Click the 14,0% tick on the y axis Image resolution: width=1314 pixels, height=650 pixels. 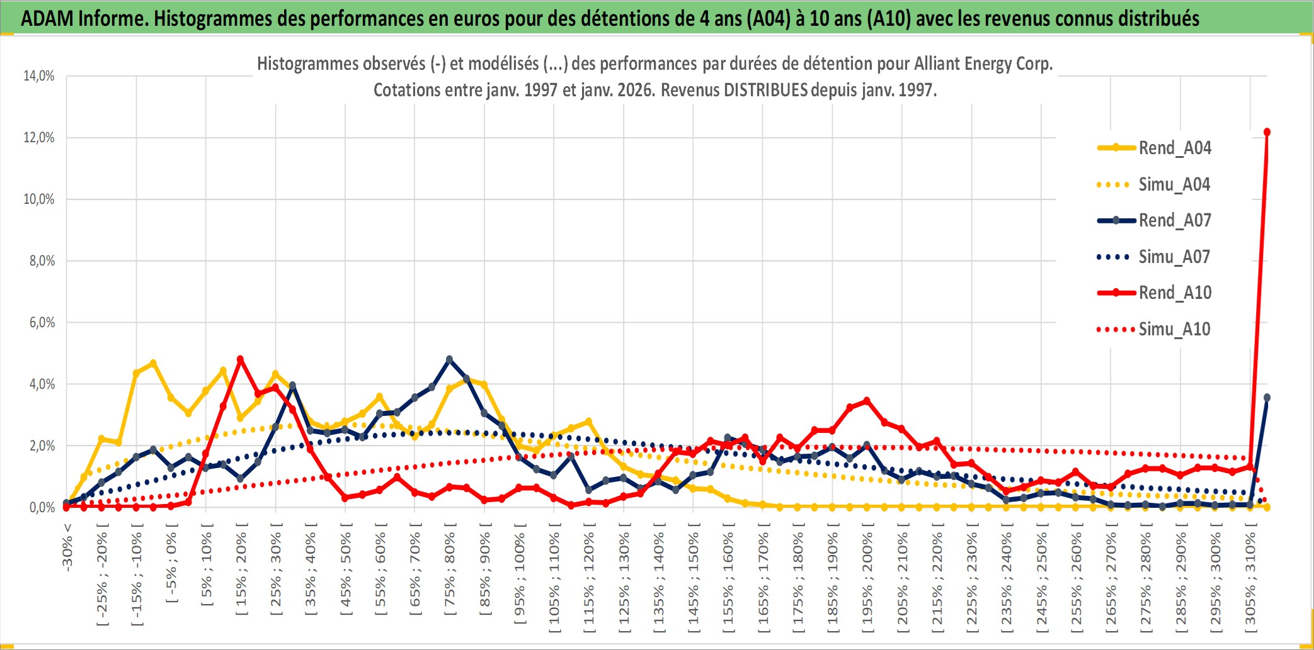point(39,76)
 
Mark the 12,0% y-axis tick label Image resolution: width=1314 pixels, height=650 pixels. point(39,138)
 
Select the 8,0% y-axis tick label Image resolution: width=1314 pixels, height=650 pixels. point(42,261)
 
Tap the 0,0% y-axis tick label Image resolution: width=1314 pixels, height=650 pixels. point(42,508)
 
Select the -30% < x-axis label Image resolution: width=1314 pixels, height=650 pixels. point(67,547)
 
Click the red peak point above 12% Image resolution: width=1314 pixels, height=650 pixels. point(1267,132)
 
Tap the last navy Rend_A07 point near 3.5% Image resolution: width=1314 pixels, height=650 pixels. point(1267,398)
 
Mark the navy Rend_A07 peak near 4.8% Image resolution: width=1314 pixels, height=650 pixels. point(449,359)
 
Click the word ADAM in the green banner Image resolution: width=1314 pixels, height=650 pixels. point(47,18)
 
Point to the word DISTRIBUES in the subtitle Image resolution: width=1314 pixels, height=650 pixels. point(765,90)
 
